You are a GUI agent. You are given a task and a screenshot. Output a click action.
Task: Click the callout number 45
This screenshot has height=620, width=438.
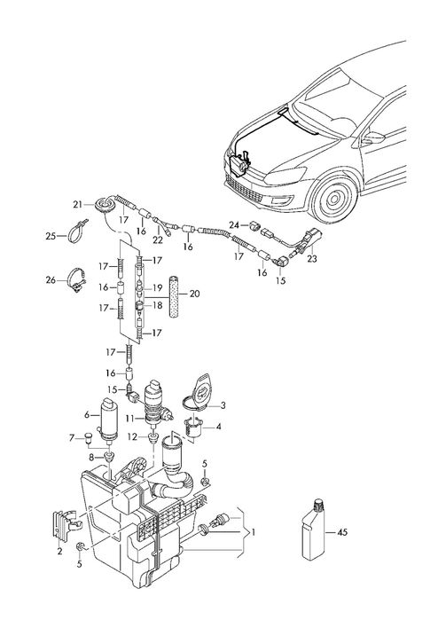click(341, 533)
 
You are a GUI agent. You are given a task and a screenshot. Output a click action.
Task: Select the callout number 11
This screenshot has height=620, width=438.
click(129, 418)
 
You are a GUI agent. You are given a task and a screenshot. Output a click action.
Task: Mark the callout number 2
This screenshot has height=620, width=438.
click(59, 551)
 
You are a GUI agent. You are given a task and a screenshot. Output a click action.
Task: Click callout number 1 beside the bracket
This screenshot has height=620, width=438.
click(254, 534)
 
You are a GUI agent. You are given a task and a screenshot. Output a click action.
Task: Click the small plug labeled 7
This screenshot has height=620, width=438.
click(90, 436)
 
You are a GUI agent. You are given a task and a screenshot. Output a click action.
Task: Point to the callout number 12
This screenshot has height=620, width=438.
click(130, 436)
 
